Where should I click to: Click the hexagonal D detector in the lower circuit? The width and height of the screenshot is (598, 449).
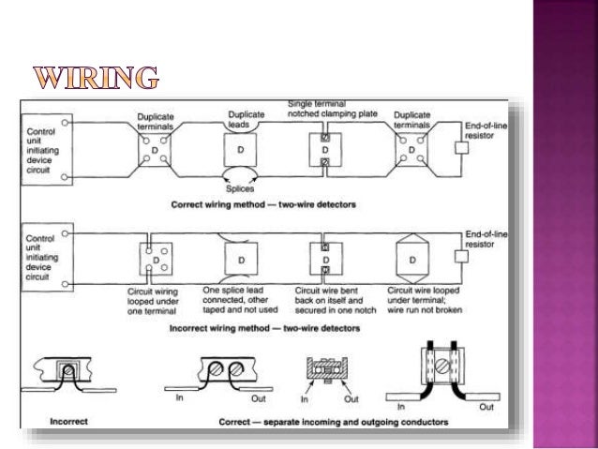409,257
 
